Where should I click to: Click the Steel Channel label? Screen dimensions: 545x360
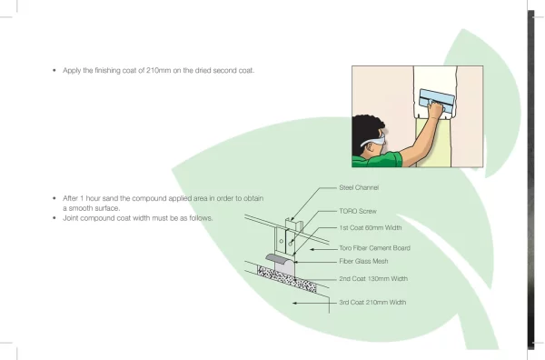click(x=359, y=187)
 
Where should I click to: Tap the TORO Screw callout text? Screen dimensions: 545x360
click(x=358, y=211)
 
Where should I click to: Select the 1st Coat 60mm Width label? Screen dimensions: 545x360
click(x=371, y=228)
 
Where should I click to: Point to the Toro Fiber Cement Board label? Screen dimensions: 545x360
click(x=374, y=248)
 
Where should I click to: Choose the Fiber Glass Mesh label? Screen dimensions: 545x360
click(x=363, y=261)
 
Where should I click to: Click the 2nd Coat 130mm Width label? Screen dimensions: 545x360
click(x=373, y=278)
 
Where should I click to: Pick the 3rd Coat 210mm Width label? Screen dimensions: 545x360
click(x=372, y=302)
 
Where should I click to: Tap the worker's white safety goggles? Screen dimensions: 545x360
click(x=374, y=141)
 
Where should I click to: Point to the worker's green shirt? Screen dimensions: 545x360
click(x=378, y=160)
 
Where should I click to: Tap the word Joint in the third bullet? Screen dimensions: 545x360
click(x=71, y=218)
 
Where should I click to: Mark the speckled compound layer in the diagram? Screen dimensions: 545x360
click(x=287, y=279)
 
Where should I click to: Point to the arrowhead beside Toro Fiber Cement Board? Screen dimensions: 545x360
click(x=312, y=249)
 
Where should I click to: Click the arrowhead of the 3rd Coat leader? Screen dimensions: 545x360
click(x=294, y=303)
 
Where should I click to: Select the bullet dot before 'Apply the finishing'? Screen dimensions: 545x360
click(x=54, y=70)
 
